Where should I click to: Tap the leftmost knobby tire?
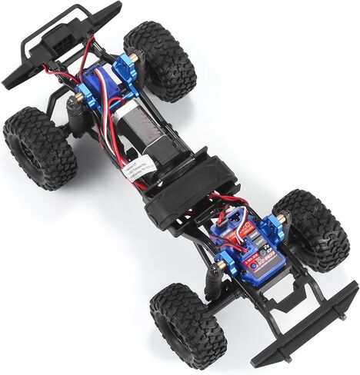point(38,147)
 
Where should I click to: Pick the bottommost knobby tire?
point(187,325)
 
